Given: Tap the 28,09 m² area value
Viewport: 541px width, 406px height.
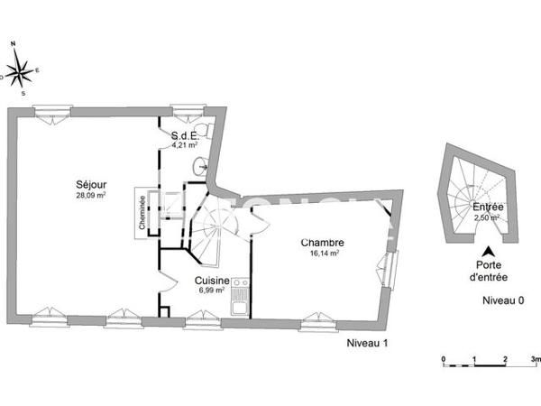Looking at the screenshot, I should [90, 195].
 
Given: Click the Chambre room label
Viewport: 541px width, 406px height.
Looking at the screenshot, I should [322, 243].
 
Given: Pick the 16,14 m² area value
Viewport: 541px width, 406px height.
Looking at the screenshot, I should [323, 254].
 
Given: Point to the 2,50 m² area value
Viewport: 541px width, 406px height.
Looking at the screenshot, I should [489, 217].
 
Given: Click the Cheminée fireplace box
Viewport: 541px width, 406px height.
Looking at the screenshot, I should [142, 214].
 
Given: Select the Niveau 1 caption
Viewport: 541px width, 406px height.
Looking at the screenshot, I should [366, 343].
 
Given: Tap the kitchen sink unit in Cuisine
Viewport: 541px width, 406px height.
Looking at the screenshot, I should [240, 296].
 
